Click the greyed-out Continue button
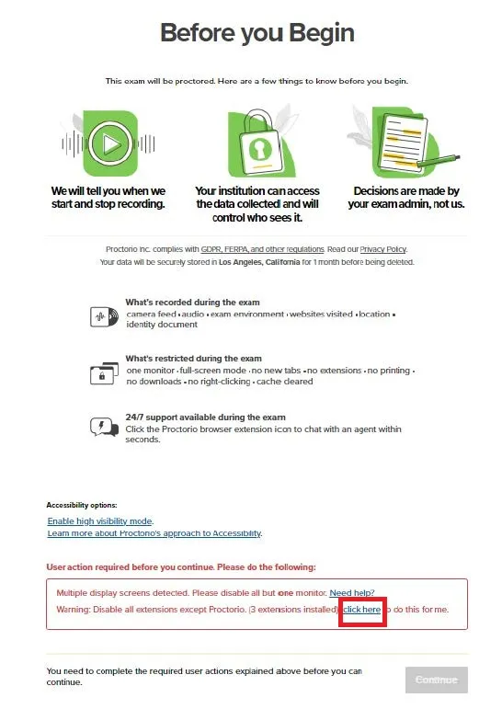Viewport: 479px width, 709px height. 437,680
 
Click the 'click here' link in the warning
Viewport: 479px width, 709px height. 362,610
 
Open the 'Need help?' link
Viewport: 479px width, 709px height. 352,593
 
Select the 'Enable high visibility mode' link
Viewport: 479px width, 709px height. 100,520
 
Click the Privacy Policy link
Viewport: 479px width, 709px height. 382,249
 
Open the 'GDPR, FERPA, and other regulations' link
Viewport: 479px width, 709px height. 263,249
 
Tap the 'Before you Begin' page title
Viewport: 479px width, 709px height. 257,32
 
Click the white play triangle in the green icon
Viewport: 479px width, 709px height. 111,144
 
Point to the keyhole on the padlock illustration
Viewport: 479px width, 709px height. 260,149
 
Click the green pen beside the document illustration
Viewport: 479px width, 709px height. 439,161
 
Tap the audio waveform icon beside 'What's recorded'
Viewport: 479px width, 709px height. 104,316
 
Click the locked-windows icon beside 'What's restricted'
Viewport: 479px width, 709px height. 104,373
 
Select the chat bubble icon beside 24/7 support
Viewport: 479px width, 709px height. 104,427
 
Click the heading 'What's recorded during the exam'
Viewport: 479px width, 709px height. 192,302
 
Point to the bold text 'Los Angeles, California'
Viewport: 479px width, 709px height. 259,262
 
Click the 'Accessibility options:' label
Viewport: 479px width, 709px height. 82,505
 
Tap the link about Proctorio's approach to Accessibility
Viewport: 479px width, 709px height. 154,533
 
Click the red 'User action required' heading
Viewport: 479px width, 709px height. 181,567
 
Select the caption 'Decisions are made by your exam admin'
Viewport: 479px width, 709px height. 406,197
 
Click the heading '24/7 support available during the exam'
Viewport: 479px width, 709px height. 206,417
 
